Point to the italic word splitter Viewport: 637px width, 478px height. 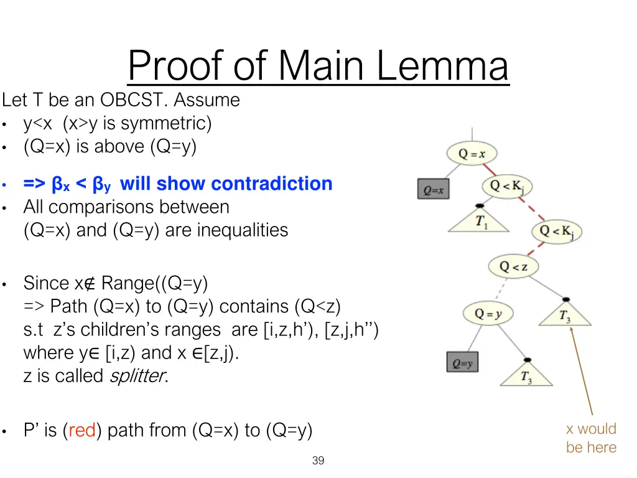(137, 376)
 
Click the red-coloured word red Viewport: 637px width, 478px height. (81, 430)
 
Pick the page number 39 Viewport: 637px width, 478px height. (318, 461)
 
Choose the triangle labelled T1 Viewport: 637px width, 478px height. (480, 221)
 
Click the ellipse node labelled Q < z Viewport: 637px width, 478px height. (513, 267)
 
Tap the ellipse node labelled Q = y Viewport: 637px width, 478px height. (488, 313)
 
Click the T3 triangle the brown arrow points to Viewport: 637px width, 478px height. (565, 315)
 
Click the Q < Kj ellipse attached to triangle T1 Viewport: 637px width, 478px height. (508, 185)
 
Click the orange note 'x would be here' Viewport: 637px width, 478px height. (591, 438)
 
